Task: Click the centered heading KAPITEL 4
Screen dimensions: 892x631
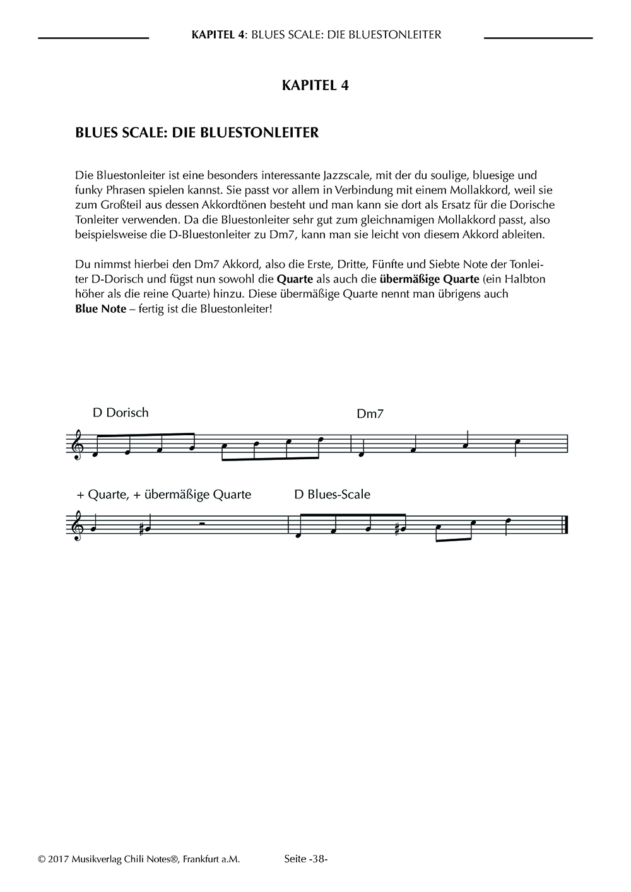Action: coord(315,86)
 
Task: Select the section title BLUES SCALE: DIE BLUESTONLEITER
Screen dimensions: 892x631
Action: coord(197,133)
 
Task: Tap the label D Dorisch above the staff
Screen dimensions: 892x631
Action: coord(121,413)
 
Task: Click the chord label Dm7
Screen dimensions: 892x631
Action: coord(370,414)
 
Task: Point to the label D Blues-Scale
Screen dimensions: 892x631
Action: coord(332,494)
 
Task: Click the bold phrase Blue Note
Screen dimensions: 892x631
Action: coord(100,310)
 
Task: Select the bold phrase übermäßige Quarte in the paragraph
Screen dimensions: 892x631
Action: coord(424,279)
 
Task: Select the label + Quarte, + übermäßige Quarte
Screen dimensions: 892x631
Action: coord(163,494)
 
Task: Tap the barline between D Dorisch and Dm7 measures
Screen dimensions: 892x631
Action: coord(351,443)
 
